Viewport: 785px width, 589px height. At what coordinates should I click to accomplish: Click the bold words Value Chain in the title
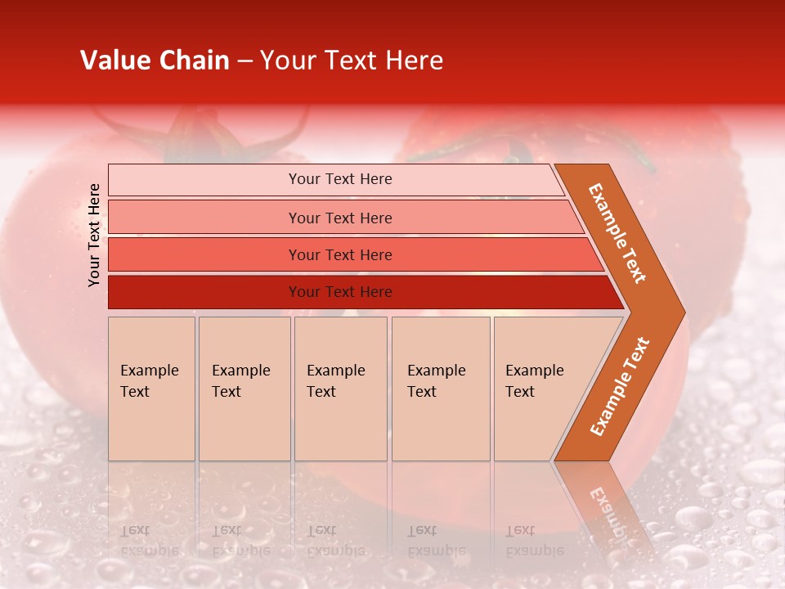point(155,61)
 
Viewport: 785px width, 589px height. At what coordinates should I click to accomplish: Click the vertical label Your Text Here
point(94,235)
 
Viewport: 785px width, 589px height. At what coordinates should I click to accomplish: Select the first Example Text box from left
point(151,389)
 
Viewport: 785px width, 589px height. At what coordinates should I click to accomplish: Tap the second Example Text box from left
point(244,389)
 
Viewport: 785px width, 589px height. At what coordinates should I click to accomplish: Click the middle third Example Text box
point(340,389)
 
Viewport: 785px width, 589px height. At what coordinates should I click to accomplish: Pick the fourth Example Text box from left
point(441,389)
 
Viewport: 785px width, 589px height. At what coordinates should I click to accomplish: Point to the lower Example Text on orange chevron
point(620,386)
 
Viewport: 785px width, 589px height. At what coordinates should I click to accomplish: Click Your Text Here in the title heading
point(352,61)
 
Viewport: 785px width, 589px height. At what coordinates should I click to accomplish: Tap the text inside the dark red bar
point(340,292)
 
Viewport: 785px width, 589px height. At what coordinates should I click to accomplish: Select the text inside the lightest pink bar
point(340,179)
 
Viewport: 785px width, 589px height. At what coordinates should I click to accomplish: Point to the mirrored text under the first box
point(149,540)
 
